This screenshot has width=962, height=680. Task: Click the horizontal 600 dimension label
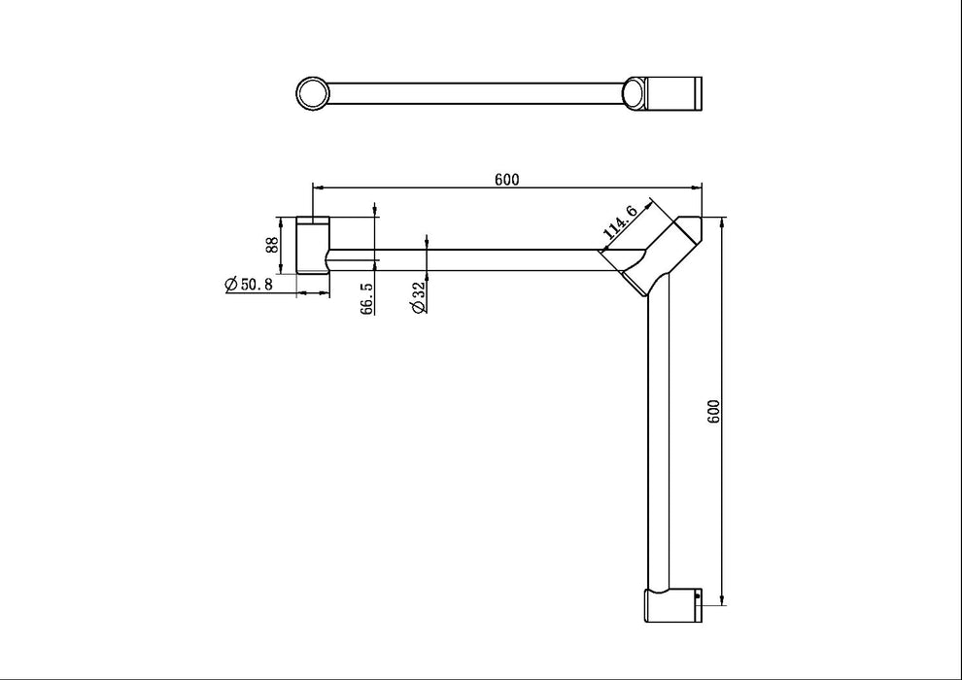tap(506, 179)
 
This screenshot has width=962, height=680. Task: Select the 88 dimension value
tap(273, 245)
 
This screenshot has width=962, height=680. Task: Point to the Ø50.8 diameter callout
tap(246, 284)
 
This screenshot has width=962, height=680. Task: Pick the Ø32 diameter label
tap(418, 298)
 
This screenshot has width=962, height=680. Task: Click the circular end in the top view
tap(313, 93)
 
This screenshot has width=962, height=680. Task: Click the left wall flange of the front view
tap(313, 245)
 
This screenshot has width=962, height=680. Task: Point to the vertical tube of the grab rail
tap(660, 437)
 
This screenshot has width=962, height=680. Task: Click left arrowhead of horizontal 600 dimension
tap(315, 187)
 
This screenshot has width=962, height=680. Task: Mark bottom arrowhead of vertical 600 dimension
tap(723, 599)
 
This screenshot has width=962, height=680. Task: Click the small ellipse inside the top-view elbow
tap(633, 93)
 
